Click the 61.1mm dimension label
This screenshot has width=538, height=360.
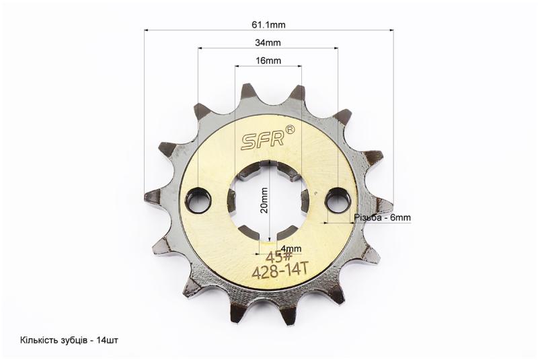point(268,25)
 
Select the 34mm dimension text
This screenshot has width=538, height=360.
point(268,43)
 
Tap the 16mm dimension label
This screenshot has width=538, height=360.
point(268,61)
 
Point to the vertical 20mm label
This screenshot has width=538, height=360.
point(264,201)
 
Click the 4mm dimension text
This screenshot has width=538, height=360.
point(291,248)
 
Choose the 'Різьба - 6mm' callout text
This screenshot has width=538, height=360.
point(382,217)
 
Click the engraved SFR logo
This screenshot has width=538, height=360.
point(263,140)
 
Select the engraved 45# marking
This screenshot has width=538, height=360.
point(279,256)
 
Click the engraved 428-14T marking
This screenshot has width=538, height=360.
point(279,271)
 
